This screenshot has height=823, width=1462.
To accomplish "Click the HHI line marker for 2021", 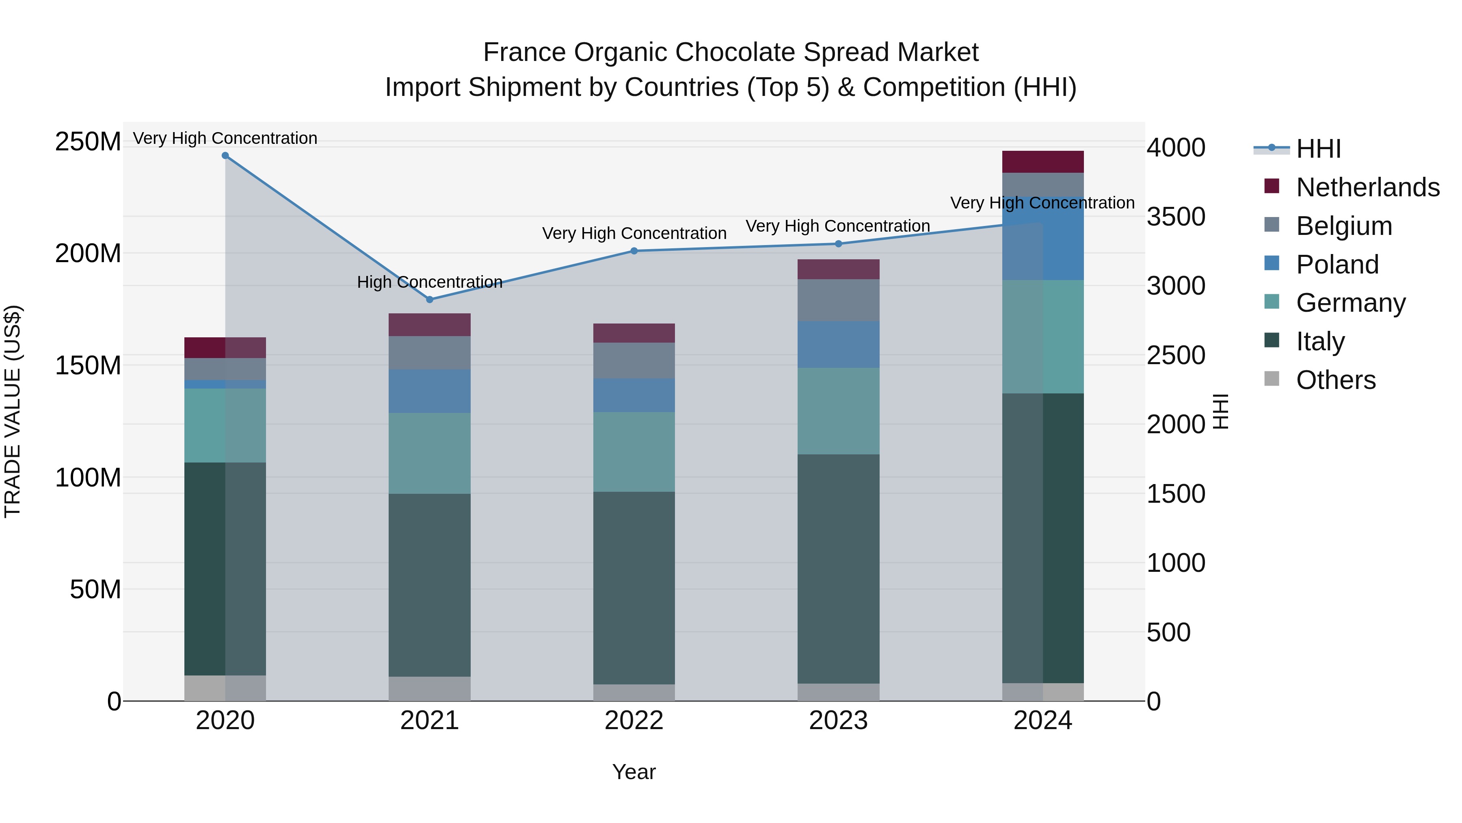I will point(430,299).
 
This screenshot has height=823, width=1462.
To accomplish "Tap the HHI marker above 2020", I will point(225,156).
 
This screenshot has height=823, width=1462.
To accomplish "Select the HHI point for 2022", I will point(634,251).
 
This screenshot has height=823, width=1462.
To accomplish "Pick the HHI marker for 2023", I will point(838,244).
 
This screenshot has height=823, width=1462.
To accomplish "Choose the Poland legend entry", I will point(1337,265).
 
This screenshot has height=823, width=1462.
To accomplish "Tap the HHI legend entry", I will point(1318,149).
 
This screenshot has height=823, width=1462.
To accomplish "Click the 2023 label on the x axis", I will point(838,721).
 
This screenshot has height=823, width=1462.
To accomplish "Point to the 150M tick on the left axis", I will point(88,365).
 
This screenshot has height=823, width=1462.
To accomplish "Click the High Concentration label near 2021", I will point(430,282).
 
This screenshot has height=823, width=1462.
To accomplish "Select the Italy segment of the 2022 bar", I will point(634,588).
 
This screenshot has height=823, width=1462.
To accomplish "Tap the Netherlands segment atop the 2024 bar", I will point(1042,162).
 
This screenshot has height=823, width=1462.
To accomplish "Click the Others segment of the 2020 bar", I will point(225,688).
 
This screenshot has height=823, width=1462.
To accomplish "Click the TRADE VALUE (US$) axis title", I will point(13,411).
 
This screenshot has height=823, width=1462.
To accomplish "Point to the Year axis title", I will point(634,772).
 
